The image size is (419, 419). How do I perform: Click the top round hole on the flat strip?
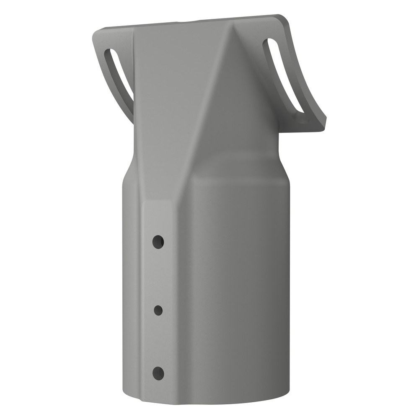(x=158, y=242)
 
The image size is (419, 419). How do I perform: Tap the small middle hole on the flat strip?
(x=158, y=310)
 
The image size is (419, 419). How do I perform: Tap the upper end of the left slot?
(x=110, y=54)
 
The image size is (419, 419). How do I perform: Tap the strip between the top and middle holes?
(x=158, y=277)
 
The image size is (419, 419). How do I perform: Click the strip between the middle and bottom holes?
(x=158, y=341)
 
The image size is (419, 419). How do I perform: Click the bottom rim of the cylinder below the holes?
(x=159, y=396)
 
